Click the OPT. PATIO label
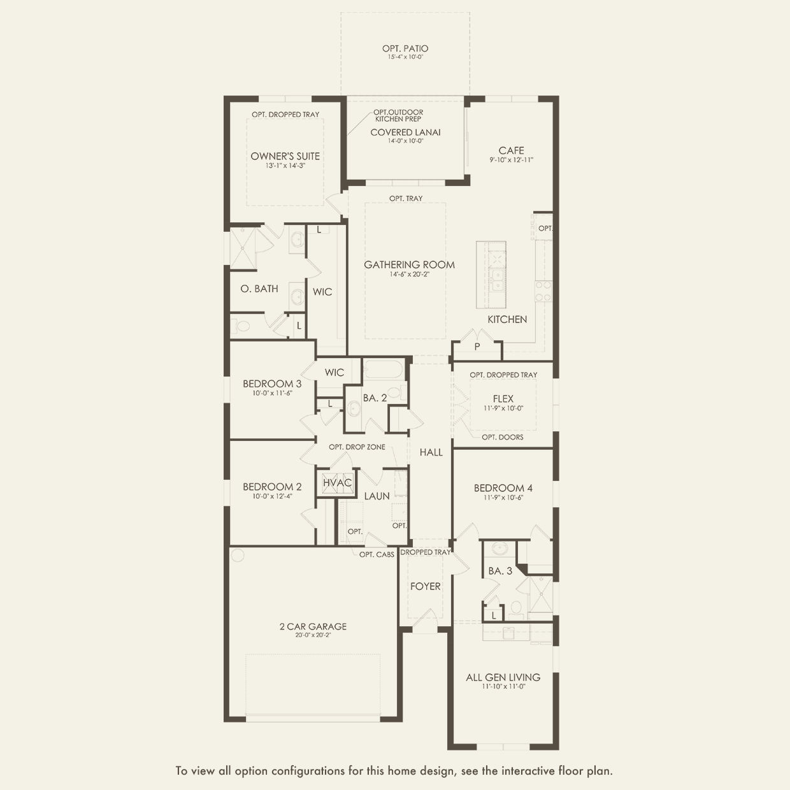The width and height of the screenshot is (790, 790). [x=405, y=48]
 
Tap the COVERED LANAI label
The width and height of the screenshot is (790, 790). [x=405, y=133]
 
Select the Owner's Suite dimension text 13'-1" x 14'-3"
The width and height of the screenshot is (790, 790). [x=285, y=166]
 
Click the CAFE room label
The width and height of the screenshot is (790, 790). [x=511, y=150]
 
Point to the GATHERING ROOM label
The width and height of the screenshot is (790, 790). [x=409, y=265]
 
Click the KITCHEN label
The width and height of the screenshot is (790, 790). [x=507, y=319]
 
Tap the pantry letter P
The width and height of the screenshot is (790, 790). [x=477, y=347]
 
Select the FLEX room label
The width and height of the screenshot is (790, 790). [x=503, y=398]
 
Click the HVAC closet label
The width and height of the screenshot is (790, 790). [x=337, y=482]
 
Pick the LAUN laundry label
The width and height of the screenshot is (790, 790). [x=377, y=496]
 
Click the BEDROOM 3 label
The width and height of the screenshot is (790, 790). [x=272, y=384]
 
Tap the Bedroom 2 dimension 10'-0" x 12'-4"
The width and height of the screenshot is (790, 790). [x=272, y=496]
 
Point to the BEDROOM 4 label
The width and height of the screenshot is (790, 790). [x=503, y=488]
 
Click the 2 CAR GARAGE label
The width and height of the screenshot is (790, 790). [x=313, y=626]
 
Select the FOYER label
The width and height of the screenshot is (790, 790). [x=426, y=587]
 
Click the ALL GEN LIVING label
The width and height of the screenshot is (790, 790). [x=503, y=677]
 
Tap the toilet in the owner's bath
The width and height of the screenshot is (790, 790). [x=241, y=327]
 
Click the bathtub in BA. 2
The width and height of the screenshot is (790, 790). [x=384, y=369]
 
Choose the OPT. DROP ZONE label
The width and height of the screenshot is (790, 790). [x=357, y=447]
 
